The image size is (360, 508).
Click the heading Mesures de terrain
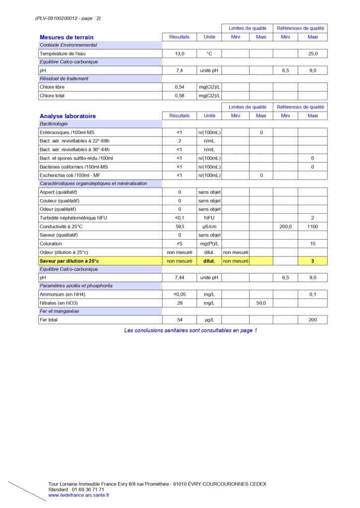(x=67, y=37)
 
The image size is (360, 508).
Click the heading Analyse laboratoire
(x=68, y=116)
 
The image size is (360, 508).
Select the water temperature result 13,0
(x=179, y=54)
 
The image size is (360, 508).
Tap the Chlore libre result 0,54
(x=179, y=87)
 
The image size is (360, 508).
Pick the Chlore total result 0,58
(x=179, y=96)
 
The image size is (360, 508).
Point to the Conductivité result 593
(x=179, y=227)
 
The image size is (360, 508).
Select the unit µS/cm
(x=209, y=227)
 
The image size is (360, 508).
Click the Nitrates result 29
(x=179, y=303)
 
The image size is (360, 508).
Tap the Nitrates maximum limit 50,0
(x=261, y=303)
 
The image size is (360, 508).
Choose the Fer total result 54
(x=179, y=320)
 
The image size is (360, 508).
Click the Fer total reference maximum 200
(x=312, y=320)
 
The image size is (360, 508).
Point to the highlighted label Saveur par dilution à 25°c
(x=70, y=261)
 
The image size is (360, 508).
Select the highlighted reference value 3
(x=312, y=261)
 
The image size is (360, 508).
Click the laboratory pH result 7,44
(x=179, y=278)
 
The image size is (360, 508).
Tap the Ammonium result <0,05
(x=179, y=294)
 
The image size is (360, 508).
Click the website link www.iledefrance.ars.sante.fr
(x=79, y=495)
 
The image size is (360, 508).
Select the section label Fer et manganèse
(x=60, y=311)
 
